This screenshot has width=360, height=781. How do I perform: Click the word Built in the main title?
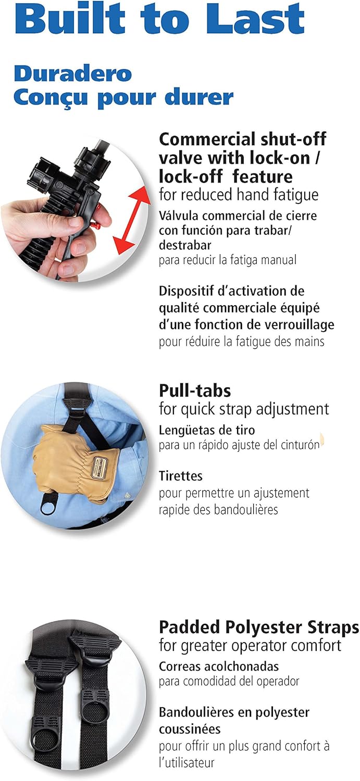coord(70,18)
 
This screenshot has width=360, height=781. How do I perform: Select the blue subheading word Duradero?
coord(73,73)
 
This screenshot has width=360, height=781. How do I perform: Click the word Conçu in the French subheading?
coord(51,98)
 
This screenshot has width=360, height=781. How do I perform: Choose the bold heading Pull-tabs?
coord(195,391)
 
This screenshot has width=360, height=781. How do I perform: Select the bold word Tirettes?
coord(181,476)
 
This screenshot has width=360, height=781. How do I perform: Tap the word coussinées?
coord(190,729)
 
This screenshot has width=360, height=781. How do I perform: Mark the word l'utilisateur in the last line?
coord(187,763)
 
